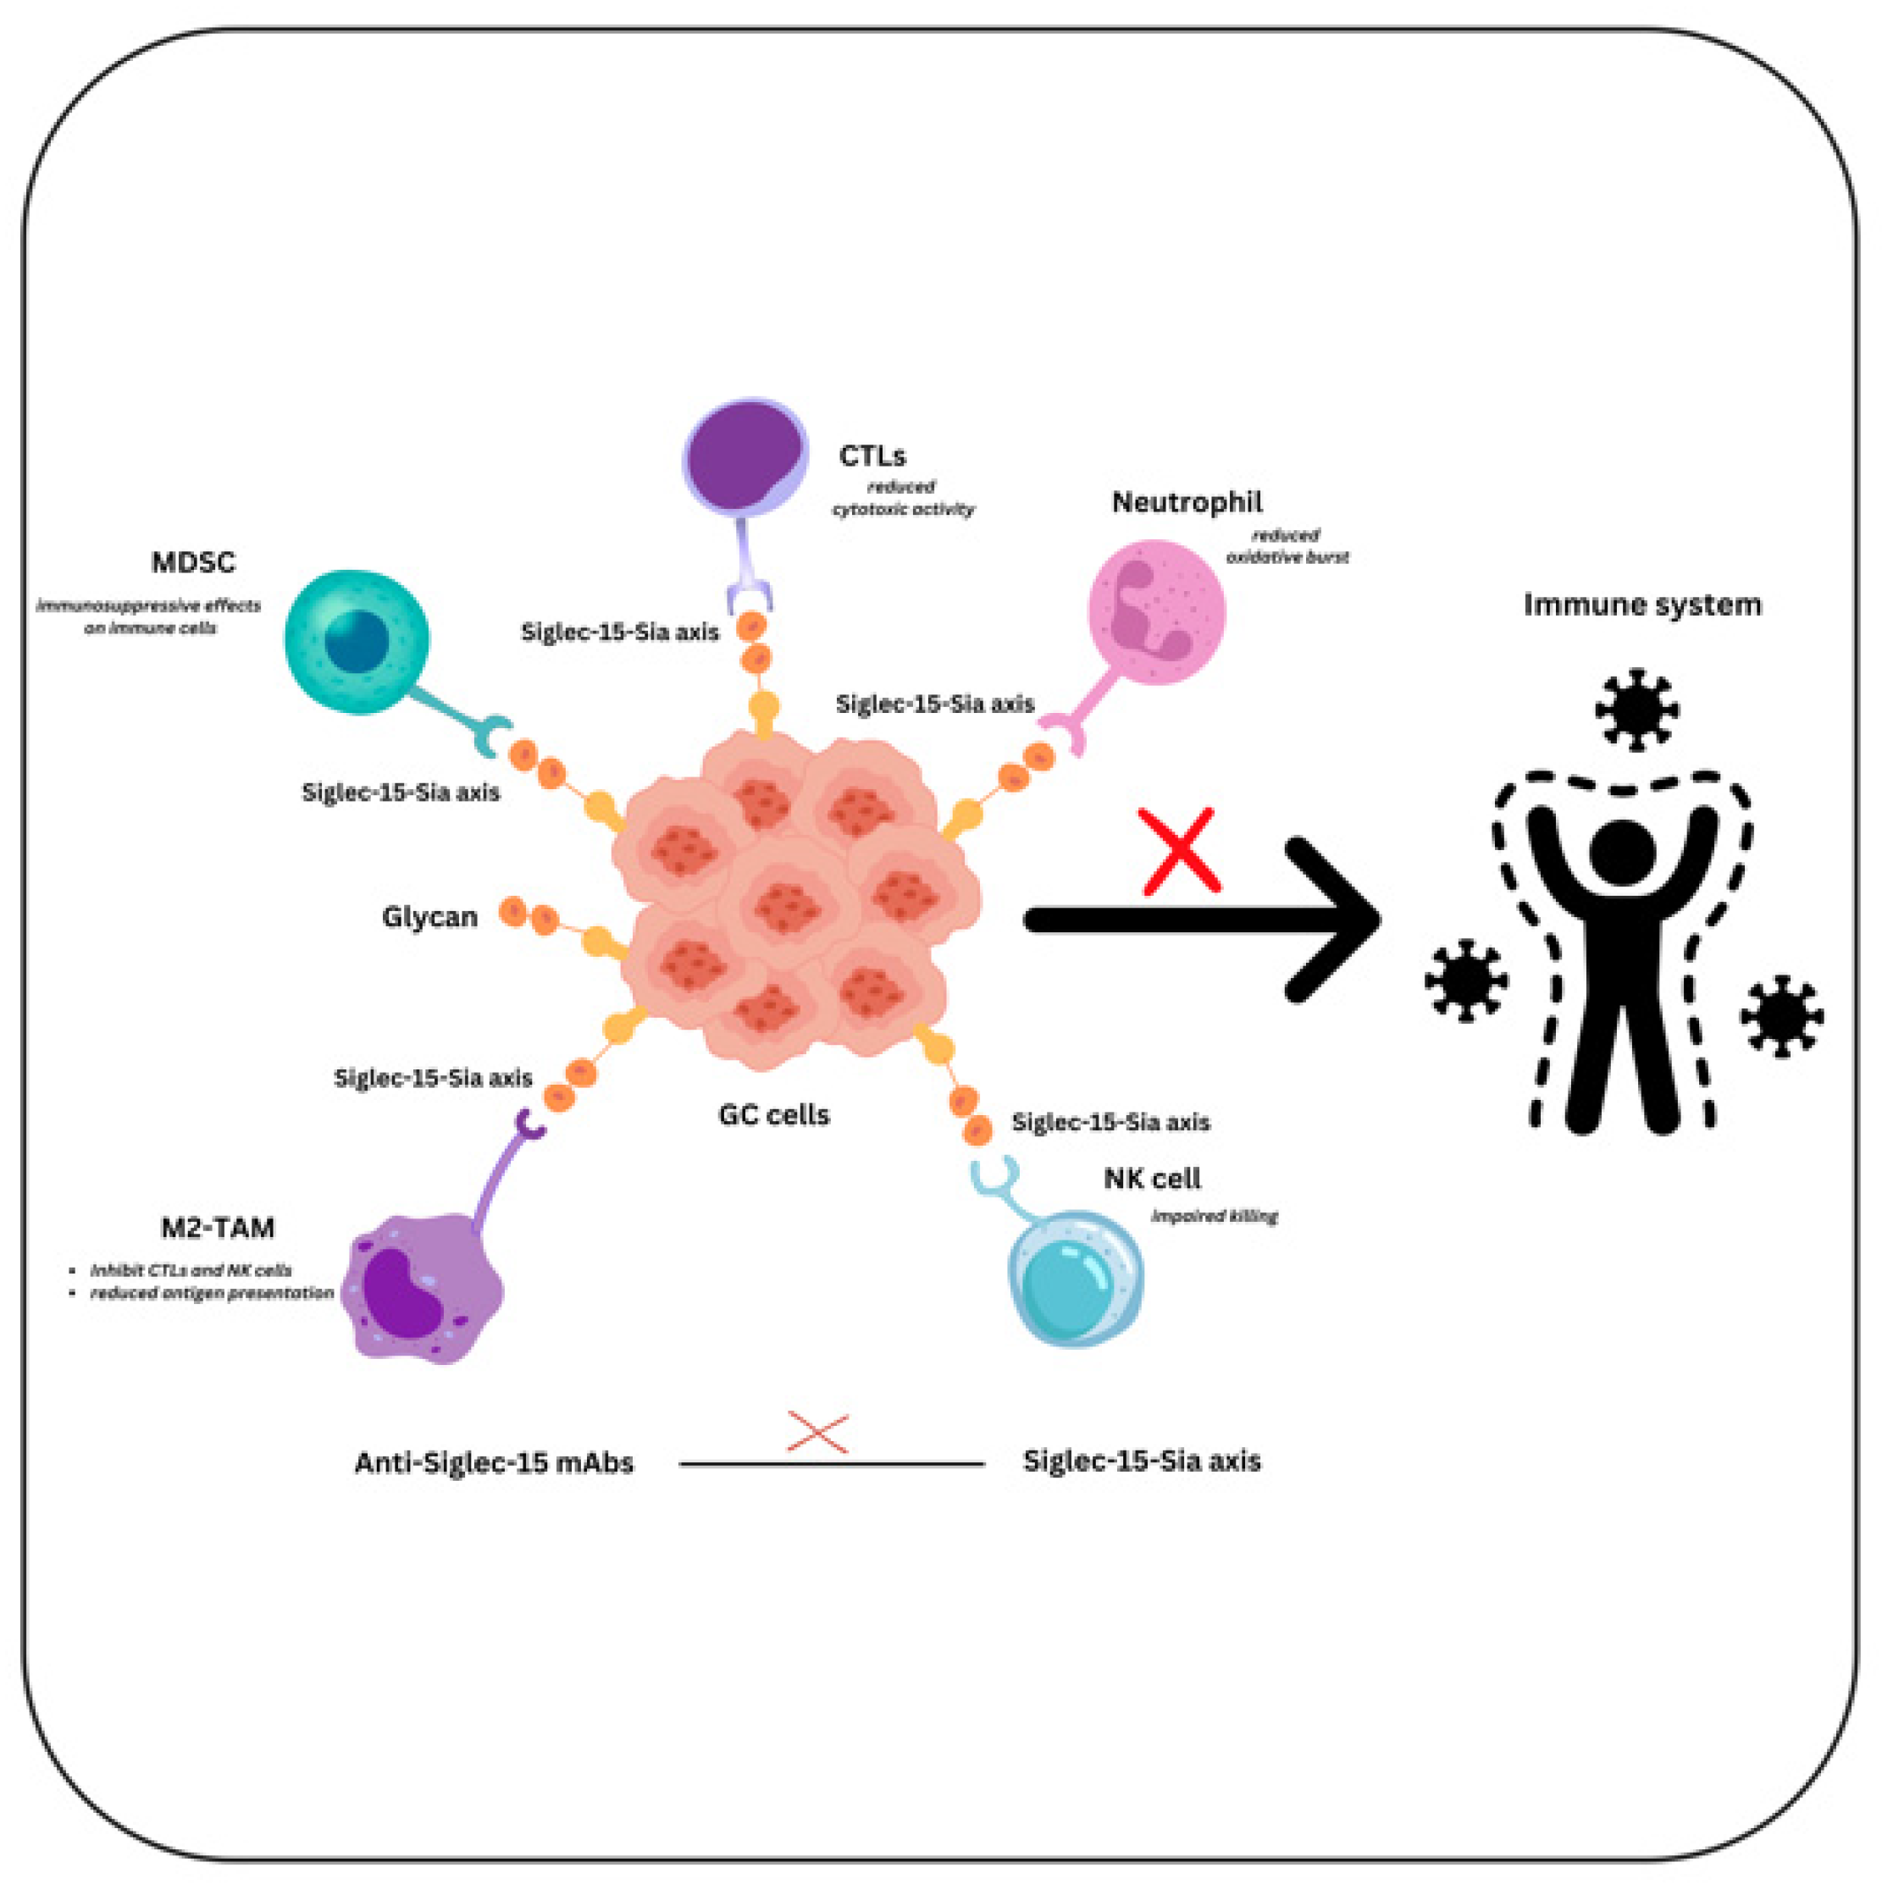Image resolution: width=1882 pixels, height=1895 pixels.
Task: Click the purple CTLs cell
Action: [x=744, y=456]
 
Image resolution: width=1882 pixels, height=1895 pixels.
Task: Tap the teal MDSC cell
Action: [x=357, y=642]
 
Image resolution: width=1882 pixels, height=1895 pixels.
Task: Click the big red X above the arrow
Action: [x=1181, y=851]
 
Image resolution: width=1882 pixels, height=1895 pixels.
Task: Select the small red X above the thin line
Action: [x=817, y=1433]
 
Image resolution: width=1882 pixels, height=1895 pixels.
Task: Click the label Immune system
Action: [x=1641, y=605]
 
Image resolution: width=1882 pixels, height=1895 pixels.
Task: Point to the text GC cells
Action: [x=773, y=1115]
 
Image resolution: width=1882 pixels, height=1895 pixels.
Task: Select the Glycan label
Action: [x=429, y=917]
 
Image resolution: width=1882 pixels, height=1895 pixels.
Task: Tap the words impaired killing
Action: [x=1214, y=1216]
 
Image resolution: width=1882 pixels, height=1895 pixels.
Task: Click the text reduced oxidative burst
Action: [x=1287, y=546]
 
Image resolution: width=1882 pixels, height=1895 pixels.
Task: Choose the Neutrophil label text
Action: [x=1187, y=502]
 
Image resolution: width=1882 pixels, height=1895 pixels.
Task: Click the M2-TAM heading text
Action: [x=218, y=1228]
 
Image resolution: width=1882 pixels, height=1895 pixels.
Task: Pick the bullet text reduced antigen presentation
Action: [x=212, y=1293]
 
